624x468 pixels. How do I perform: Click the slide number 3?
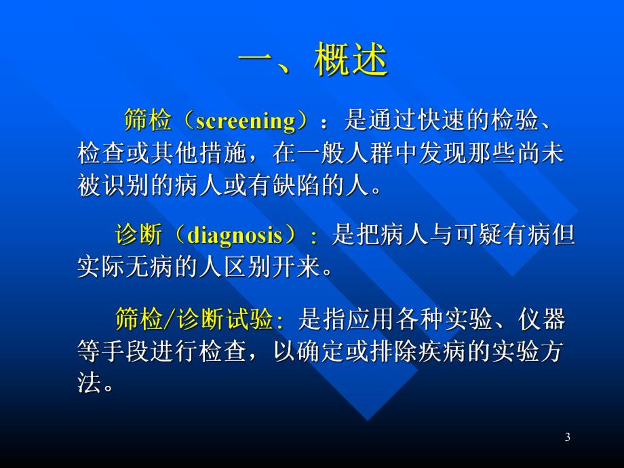(568, 437)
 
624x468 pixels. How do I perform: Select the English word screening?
(246, 121)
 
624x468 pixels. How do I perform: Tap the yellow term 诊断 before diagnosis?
(138, 235)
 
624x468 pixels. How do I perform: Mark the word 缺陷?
(309, 186)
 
